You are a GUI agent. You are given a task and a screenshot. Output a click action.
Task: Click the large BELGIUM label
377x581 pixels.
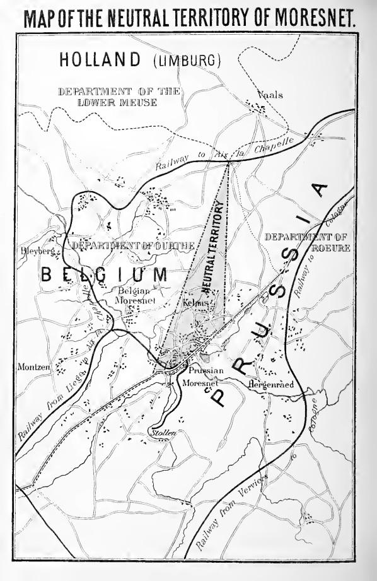[x=105, y=276]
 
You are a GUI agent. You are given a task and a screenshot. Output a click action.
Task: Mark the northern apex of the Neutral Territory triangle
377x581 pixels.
[x=229, y=163]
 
